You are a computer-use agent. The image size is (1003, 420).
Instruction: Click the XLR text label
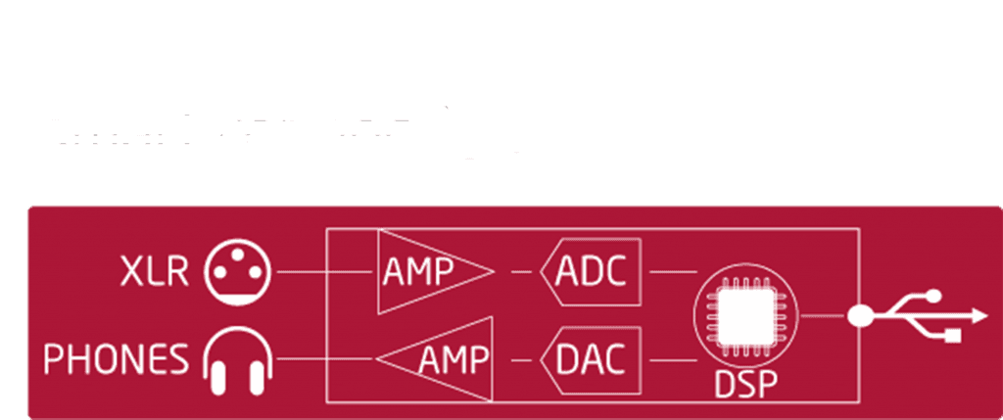[154, 270]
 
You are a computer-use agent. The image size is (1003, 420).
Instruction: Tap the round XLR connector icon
[237, 271]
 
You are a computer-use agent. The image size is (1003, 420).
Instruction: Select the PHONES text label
[117, 360]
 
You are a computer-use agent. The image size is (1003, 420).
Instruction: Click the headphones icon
[236, 361]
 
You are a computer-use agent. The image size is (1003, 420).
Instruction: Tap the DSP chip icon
[745, 316]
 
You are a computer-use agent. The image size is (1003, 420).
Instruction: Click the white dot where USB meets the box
[861, 315]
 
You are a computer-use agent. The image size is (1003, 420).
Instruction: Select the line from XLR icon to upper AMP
[323, 272]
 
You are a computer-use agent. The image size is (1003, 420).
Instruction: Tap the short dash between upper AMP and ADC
[518, 272]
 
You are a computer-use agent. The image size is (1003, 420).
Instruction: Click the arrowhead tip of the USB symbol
[982, 315]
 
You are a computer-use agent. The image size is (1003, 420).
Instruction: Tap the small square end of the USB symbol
[953, 337]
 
